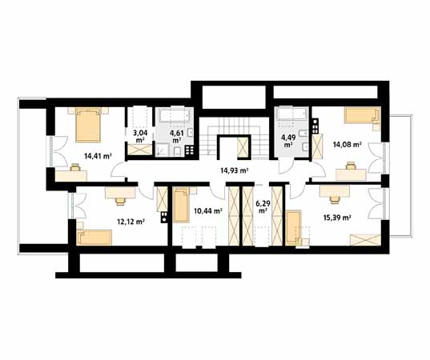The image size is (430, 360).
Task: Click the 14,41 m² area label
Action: coord(98,157)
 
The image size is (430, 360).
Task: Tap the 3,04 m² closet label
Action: coord(140,136)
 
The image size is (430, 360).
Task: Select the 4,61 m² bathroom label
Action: coord(177,137)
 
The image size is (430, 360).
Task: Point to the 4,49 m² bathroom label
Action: coord(287,140)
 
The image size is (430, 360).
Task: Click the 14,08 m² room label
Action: coord(347,144)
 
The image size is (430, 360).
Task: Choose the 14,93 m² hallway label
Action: coord(235,170)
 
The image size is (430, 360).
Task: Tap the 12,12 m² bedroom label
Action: coord(131,222)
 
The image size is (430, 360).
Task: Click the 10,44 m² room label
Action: coord(208,210)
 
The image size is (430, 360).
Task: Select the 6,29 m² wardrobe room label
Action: coord(263,207)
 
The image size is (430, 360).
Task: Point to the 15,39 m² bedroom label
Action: coord(337,218)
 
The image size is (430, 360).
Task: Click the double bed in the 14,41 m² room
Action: coord(88,125)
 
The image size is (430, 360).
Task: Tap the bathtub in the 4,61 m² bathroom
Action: coord(174,115)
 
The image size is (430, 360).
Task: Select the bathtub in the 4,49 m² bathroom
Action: coord(292,114)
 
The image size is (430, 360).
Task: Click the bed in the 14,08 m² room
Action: coord(362,115)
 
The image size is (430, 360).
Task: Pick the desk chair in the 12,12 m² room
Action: coord(120,202)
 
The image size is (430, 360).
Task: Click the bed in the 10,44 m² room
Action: coord(181,204)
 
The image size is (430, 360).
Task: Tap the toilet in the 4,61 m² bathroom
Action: coord(178,151)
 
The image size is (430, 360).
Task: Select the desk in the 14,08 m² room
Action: coord(351,174)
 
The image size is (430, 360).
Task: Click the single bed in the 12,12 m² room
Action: coord(94,237)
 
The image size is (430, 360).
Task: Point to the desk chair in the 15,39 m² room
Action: coord(334,200)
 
